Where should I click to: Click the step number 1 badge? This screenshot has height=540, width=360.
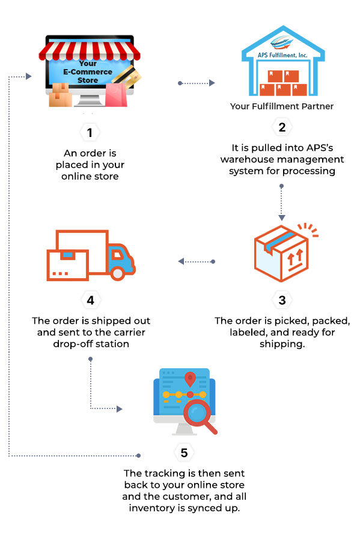coord(90,133)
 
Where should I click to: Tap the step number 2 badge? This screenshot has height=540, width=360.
coord(282,127)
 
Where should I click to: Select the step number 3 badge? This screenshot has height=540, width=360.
coord(282,300)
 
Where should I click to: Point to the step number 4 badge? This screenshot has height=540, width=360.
coord(90,300)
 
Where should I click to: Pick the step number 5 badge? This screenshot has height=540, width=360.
coord(184,452)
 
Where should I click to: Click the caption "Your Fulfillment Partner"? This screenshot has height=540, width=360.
coord(282,106)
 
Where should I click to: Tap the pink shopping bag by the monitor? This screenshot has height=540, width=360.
coord(116,95)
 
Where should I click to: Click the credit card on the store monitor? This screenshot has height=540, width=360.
coord(127,77)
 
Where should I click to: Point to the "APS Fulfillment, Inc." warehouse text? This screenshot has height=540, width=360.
coord(282,55)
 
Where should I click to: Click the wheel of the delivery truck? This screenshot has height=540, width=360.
coord(118,273)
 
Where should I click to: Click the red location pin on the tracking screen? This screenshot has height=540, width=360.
coord(190,379)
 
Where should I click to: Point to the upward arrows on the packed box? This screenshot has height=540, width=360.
coord(295,257)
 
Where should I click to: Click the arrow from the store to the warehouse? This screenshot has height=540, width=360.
coord(197,83)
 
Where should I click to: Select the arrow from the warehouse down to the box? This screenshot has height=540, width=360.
coord(281,202)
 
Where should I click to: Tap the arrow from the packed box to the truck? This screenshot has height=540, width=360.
coord(197,261)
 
